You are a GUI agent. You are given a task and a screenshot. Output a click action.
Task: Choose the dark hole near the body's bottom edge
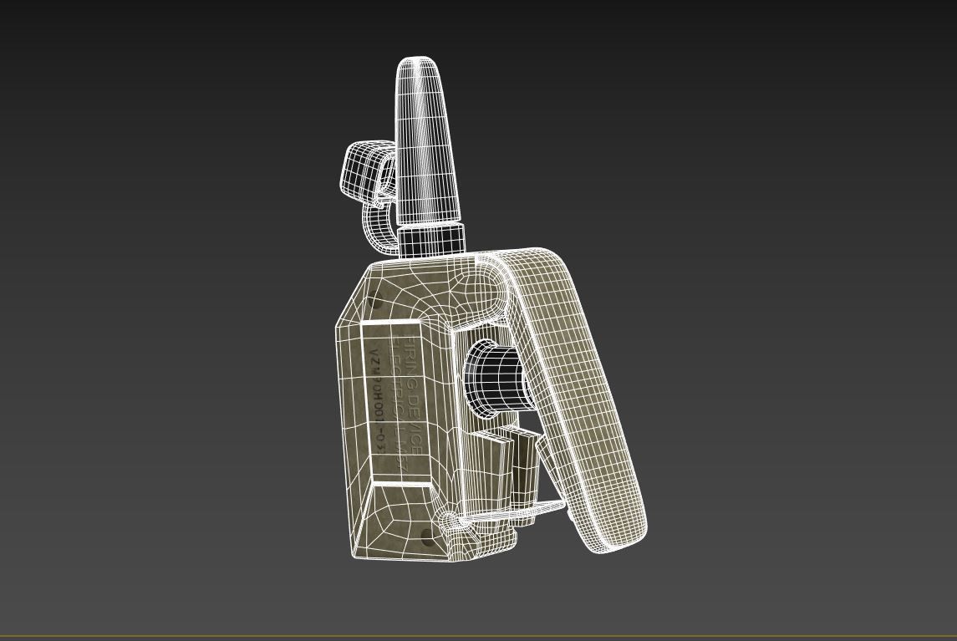(x=428, y=537)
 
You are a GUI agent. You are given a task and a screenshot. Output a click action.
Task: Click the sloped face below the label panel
(x=393, y=518)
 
